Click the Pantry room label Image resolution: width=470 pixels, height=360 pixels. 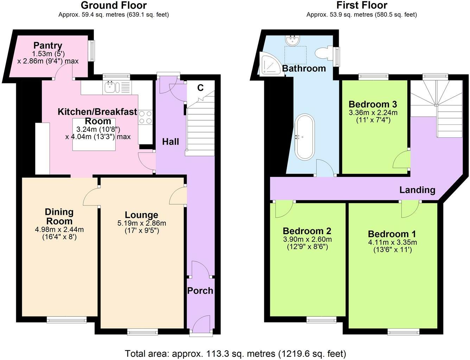[x=48, y=45]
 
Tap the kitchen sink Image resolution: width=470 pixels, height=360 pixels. [x=112, y=87]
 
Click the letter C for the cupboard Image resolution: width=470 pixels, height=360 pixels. [x=200, y=88]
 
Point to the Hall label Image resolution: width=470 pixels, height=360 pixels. [x=170, y=142]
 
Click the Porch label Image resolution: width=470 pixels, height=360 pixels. [x=200, y=291]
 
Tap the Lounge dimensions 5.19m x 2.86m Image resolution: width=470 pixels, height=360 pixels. [x=141, y=223]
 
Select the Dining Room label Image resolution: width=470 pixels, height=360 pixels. [x=59, y=217]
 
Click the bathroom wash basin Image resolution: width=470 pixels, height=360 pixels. [x=292, y=40]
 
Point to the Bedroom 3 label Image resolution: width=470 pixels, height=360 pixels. [x=373, y=104]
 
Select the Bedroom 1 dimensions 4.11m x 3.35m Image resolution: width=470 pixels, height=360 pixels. [x=392, y=242]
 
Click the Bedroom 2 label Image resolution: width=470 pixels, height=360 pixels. [x=307, y=231]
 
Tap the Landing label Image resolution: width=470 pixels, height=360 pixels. [x=417, y=190]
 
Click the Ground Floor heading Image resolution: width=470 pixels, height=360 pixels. [x=114, y=5]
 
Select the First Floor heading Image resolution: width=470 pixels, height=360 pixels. [x=362, y=5]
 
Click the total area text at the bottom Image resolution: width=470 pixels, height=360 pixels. [x=235, y=353]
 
